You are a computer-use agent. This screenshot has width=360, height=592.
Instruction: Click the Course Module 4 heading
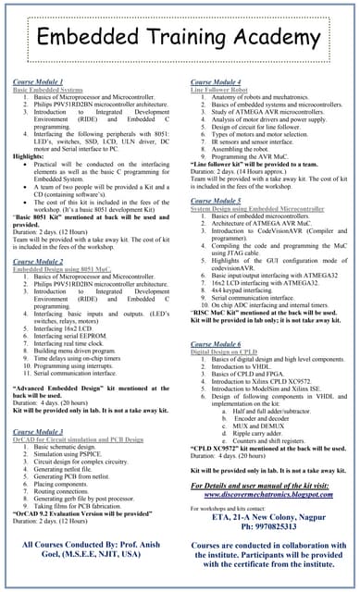click(216, 82)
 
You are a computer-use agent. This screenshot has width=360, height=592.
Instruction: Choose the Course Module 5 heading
click(216, 201)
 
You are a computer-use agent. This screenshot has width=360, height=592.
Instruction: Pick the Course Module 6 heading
click(216, 343)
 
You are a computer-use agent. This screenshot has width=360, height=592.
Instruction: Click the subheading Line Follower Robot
click(222, 90)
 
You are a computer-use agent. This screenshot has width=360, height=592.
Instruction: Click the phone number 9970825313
click(271, 526)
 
